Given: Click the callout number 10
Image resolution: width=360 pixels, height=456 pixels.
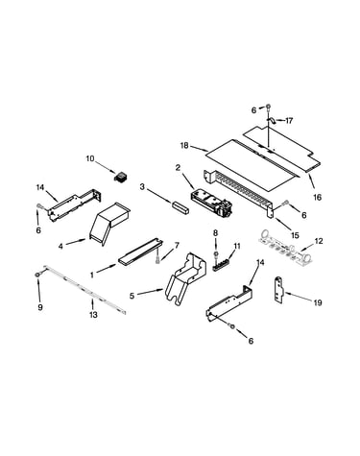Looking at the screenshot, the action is click(90, 158).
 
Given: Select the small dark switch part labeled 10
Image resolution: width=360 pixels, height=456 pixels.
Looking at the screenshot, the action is click(121, 177).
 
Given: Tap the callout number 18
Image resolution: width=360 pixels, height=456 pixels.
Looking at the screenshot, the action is click(184, 146).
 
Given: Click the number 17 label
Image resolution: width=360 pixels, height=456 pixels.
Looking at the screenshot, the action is click(289, 121).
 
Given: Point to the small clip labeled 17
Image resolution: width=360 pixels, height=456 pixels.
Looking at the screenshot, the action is click(271, 120).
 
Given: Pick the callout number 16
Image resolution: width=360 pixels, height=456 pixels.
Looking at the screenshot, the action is click(317, 198).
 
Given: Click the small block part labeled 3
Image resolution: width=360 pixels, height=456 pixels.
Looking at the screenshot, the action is click(180, 207).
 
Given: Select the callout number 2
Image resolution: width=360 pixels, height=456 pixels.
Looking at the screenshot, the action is click(178, 167).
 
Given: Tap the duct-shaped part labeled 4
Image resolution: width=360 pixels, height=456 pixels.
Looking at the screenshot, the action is click(108, 223).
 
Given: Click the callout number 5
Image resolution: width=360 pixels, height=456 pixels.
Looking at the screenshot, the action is click(132, 296).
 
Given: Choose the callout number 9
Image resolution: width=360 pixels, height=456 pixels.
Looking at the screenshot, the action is click(40, 307).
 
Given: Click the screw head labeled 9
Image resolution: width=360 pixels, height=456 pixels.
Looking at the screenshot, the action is click(37, 275).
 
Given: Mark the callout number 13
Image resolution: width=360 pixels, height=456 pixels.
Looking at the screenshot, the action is click(93, 315).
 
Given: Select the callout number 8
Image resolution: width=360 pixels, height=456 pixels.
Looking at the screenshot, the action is click(215, 233).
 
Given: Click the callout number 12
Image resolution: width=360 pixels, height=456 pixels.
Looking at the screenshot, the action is click(319, 241).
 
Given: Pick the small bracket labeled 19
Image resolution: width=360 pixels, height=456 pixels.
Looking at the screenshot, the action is click(279, 290).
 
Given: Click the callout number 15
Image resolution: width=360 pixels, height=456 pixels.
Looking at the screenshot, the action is click(295, 235).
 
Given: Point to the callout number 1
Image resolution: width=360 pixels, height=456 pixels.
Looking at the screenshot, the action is click(92, 275).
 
